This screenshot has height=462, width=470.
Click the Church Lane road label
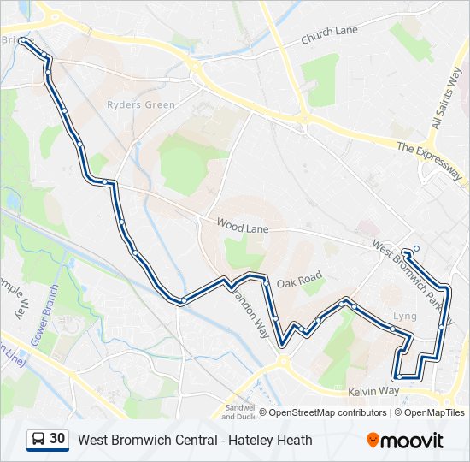329,35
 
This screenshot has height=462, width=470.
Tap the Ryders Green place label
141,105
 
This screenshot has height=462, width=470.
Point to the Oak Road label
298,280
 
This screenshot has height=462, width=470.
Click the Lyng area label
404,317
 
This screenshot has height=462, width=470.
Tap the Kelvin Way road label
373,391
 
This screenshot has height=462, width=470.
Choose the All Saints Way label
447,98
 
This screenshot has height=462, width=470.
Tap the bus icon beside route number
38,440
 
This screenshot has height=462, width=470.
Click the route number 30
57,439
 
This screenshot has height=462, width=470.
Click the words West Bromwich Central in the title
143,441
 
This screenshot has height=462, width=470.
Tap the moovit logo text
412,441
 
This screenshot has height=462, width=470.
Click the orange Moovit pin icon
373,441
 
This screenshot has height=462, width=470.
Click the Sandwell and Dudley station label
238,412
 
